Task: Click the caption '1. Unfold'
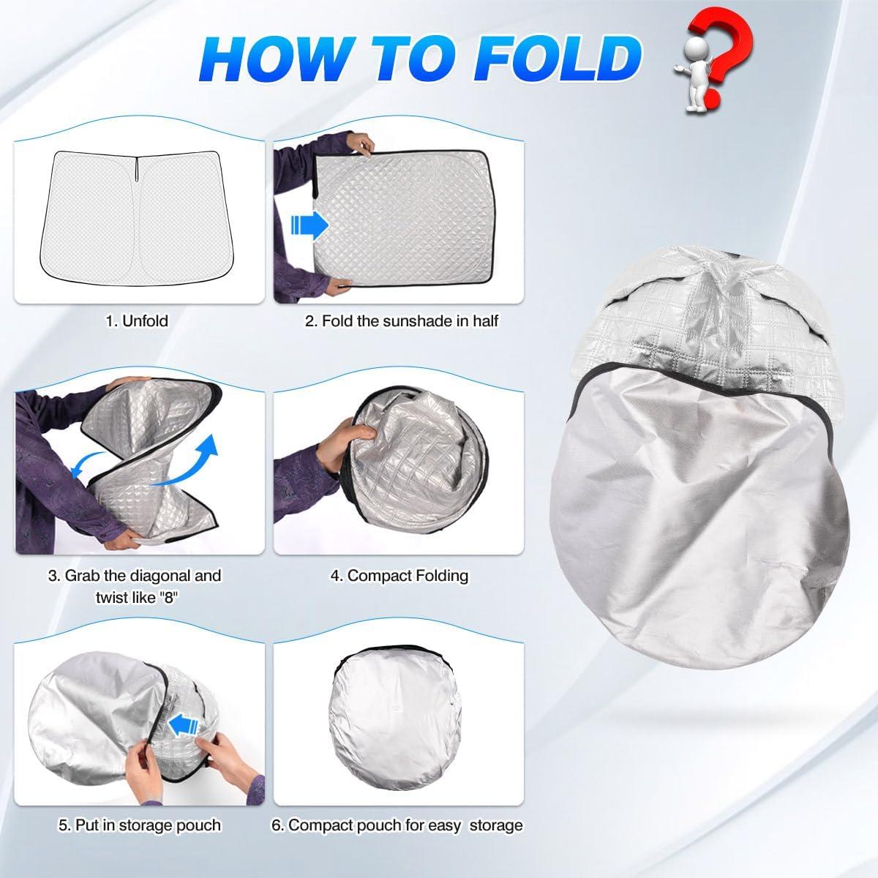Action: point(137,320)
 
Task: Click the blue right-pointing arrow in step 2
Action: point(309,226)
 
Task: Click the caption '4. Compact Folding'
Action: point(399,576)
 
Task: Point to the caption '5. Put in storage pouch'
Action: point(139,825)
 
